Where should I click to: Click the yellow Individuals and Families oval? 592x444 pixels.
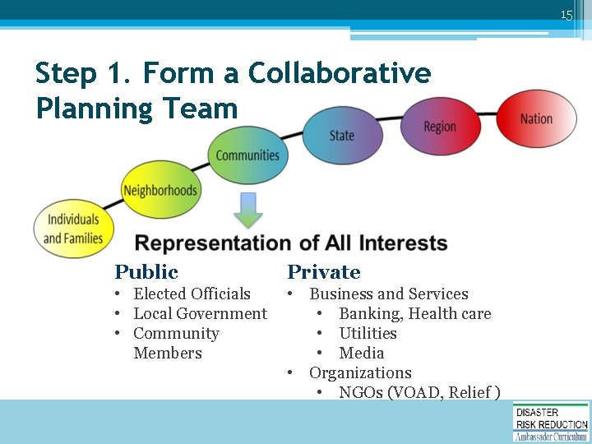coord(73,229)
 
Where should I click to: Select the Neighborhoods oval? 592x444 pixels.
coord(160,191)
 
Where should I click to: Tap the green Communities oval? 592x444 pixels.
coord(247,155)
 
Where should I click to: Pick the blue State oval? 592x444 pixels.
coord(341,136)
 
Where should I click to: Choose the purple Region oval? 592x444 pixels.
coord(440,127)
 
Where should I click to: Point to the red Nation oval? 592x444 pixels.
coord(536,119)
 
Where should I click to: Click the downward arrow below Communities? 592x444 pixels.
coord(247,210)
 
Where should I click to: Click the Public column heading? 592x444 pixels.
coord(146,272)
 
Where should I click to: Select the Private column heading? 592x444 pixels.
coord(323,272)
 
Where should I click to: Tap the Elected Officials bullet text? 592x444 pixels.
coord(192,294)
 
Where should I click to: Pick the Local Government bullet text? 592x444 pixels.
coord(200,313)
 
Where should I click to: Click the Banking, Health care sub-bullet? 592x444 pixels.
coord(414,313)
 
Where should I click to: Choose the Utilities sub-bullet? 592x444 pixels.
coord(368,333)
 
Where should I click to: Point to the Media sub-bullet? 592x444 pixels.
coord(362,353)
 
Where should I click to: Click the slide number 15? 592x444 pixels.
coord(566,14)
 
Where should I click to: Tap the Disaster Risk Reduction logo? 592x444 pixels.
coord(551,421)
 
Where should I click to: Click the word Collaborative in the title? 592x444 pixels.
coord(340,73)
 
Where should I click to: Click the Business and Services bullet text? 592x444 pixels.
coord(388,294)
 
